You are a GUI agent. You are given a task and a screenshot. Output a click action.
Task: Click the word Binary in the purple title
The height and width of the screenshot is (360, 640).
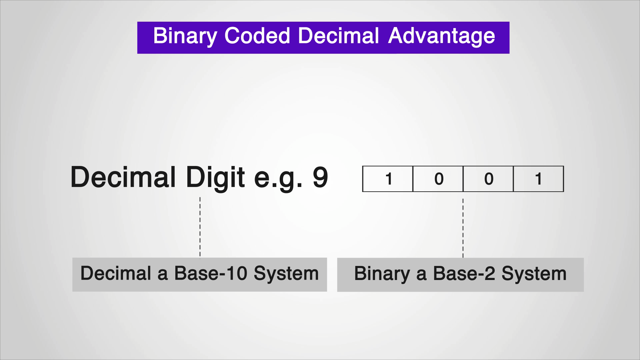pos(185,36)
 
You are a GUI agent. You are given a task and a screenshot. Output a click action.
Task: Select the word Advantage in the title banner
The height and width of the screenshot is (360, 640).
pos(441,36)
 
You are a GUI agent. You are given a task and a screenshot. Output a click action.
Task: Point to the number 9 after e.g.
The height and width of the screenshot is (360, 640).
pos(320,178)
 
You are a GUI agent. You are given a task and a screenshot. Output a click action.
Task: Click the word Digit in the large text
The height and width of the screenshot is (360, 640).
pos(215,178)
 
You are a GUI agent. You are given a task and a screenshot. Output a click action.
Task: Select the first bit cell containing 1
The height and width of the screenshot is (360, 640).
pos(388,179)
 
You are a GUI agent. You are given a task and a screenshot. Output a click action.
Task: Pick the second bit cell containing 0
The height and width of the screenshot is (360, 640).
pos(438,179)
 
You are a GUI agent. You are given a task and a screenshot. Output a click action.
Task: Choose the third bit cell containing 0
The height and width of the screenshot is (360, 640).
pos(488,179)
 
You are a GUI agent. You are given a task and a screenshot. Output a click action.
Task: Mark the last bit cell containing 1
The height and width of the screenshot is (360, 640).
pos(538,179)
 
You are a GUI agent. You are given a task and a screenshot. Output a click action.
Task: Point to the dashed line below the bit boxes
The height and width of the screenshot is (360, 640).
pos(463,228)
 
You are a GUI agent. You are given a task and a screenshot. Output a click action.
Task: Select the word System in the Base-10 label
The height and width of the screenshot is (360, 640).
pos(286,274)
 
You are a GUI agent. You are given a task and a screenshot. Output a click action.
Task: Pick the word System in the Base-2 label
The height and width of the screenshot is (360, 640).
pos(534,274)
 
